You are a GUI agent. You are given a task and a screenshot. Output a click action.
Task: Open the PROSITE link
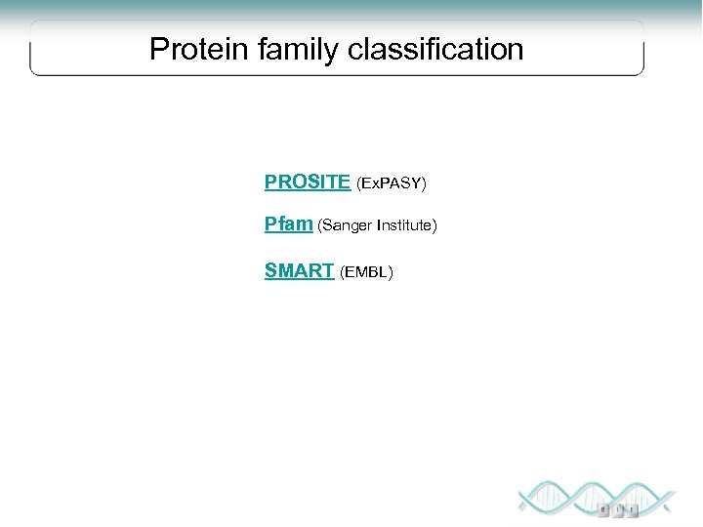click(307, 182)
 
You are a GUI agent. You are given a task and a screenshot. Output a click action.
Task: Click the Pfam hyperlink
click(288, 224)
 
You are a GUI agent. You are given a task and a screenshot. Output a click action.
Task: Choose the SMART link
click(299, 270)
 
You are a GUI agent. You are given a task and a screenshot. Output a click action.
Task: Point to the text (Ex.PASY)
click(392, 183)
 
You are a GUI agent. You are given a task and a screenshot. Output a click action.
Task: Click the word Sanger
click(346, 226)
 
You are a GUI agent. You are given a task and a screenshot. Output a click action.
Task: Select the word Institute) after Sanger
click(406, 226)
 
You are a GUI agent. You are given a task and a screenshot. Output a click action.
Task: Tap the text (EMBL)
click(366, 272)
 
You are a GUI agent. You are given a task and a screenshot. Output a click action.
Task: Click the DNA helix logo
click(595, 497)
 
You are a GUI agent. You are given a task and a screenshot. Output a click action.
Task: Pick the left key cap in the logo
click(604, 509)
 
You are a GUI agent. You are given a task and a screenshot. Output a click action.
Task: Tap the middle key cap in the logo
click(619, 509)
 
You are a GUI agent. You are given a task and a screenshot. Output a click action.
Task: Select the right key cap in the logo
click(634, 509)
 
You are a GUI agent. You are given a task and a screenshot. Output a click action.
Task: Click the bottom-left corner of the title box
click(32, 72)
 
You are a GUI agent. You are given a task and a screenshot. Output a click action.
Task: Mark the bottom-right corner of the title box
click(642, 72)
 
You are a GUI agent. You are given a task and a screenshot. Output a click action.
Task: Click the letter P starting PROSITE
click(270, 182)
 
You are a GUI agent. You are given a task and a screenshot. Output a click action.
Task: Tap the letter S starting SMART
click(270, 270)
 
